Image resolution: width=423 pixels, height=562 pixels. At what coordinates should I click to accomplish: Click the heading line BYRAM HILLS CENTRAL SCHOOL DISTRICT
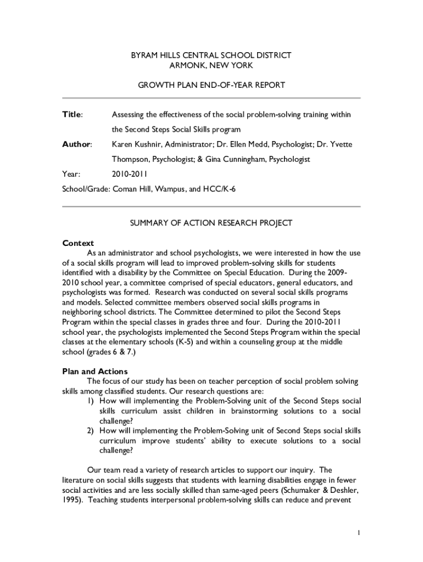coord(211,55)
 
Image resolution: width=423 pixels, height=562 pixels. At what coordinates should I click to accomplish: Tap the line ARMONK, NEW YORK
coord(211,65)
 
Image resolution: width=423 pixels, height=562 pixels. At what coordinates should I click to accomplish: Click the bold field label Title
coord(72,115)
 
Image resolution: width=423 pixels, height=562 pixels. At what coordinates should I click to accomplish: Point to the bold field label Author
coord(76,144)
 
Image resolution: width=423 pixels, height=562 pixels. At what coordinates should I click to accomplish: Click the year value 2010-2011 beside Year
coord(129,174)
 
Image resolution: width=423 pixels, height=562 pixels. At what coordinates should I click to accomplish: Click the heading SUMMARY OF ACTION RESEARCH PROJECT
coord(211,223)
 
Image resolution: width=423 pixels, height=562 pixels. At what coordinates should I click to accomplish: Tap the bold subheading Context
coord(79,243)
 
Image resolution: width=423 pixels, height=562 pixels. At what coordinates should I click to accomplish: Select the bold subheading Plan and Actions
coord(95,372)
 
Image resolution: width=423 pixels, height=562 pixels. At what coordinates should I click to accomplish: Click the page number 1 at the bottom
coord(358,533)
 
